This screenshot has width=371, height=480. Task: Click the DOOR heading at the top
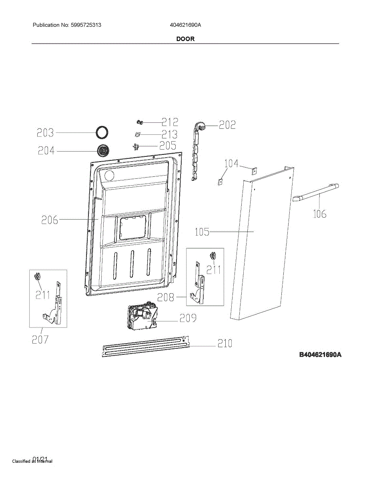pyautogui.click(x=185, y=39)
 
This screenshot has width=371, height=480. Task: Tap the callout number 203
pyautogui.click(x=45, y=132)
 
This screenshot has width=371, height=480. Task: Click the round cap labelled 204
pyautogui.click(x=104, y=151)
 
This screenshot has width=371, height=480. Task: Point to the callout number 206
pyautogui.click(x=50, y=220)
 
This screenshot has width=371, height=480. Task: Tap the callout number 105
pyautogui.click(x=202, y=232)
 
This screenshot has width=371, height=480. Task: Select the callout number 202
pyautogui.click(x=227, y=125)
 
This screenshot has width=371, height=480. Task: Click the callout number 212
pyautogui.click(x=170, y=122)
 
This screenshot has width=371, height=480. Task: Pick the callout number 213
pyautogui.click(x=169, y=134)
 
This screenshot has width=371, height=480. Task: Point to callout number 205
pyautogui.click(x=168, y=146)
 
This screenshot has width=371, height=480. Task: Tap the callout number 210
pyautogui.click(x=225, y=344)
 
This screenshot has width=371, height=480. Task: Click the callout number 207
pyautogui.click(x=40, y=340)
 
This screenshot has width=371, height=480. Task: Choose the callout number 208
pyautogui.click(x=166, y=297)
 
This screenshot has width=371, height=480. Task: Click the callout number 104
pyautogui.click(x=231, y=164)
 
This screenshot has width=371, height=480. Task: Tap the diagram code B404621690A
pyautogui.click(x=320, y=355)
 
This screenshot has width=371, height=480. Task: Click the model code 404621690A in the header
pyautogui.click(x=185, y=25)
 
